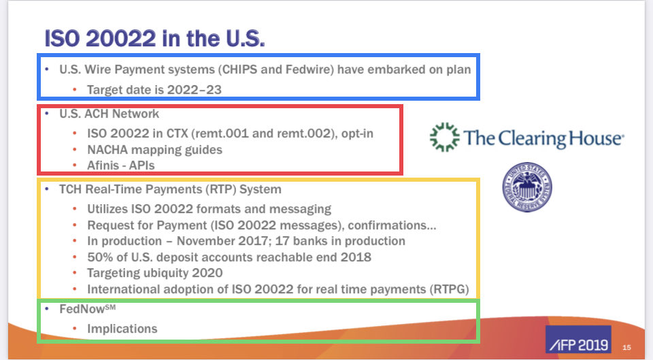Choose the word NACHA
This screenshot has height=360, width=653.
point(109,149)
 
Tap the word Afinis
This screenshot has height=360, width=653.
point(105,165)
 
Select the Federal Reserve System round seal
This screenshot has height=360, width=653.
point(526,186)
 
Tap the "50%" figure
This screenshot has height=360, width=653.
point(100,257)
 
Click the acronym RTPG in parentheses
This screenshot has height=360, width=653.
point(449,289)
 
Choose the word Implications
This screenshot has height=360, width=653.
point(122,329)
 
